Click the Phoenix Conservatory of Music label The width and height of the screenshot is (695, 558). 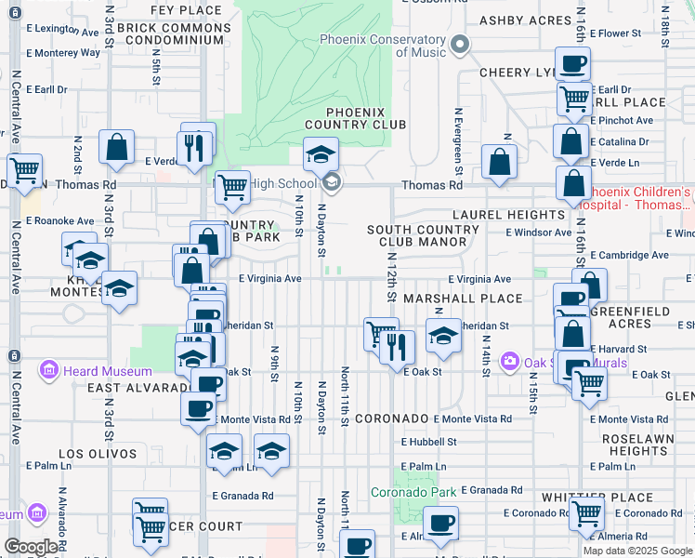pyautogui.click(x=382, y=46)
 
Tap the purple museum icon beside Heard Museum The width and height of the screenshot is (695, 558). pyautogui.click(x=49, y=372)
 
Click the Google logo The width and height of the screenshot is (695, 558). pyautogui.click(x=31, y=547)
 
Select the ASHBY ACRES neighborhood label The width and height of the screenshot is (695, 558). pyautogui.click(x=524, y=20)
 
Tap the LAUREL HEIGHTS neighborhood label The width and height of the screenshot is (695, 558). pyautogui.click(x=508, y=215)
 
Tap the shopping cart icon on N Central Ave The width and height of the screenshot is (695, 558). pyautogui.click(x=23, y=170)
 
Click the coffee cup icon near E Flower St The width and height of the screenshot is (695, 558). pyautogui.click(x=574, y=64)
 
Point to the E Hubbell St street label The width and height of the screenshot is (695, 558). pyautogui.click(x=429, y=443)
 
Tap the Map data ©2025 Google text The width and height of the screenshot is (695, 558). pyautogui.click(x=637, y=551)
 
